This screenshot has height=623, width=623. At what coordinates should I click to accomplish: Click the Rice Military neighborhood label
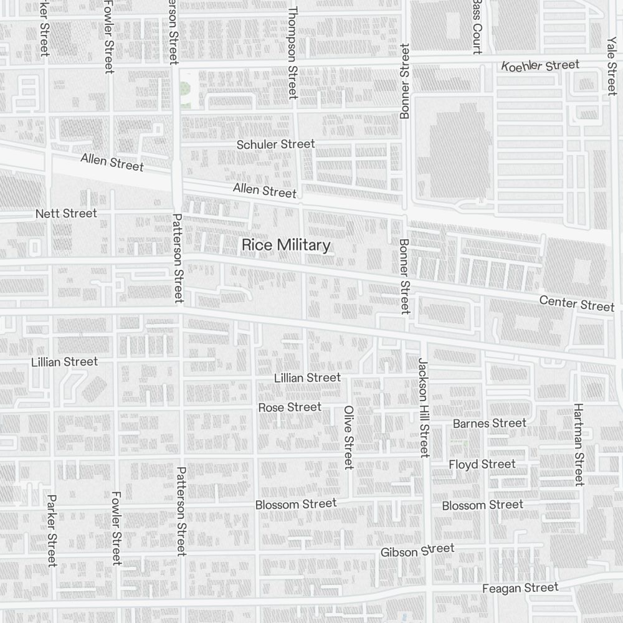(x=285, y=245)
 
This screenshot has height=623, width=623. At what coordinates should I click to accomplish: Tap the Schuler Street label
(x=275, y=145)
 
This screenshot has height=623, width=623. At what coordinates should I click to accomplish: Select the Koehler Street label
(x=540, y=65)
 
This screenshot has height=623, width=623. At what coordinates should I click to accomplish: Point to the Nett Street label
(x=66, y=214)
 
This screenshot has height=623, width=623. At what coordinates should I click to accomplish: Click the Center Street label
(x=576, y=304)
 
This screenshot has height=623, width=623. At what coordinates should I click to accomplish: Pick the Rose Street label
(x=290, y=407)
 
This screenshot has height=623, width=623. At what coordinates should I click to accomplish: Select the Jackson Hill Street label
(x=424, y=407)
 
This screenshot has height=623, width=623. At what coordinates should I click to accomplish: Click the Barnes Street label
(x=489, y=424)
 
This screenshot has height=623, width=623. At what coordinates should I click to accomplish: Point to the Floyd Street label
(x=482, y=465)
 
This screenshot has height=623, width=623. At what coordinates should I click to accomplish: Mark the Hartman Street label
(x=579, y=444)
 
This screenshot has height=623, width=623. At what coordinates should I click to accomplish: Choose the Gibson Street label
(x=417, y=551)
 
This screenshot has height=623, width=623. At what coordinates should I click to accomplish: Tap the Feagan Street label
(x=520, y=588)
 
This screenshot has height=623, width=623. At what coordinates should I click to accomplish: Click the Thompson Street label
(x=293, y=53)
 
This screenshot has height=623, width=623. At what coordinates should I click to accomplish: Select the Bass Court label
(x=477, y=27)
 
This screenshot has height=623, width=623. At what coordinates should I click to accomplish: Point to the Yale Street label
(x=611, y=65)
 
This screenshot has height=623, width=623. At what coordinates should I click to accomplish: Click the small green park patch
(x=185, y=88)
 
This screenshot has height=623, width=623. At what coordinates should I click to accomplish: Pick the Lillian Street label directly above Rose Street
(x=307, y=378)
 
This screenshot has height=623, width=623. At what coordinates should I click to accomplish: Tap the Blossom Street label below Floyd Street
(x=482, y=505)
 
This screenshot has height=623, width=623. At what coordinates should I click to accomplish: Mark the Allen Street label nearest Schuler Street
(x=264, y=191)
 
